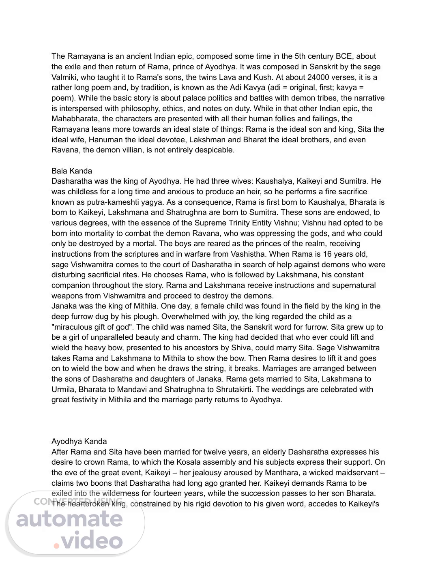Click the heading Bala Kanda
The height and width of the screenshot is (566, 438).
[x=72, y=171]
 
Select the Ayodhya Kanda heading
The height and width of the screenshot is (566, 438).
[x=79, y=441]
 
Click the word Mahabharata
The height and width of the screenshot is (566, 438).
[x=75, y=119]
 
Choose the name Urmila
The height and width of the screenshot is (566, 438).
[x=62, y=389]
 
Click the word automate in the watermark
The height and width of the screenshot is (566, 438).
[x=69, y=519]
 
